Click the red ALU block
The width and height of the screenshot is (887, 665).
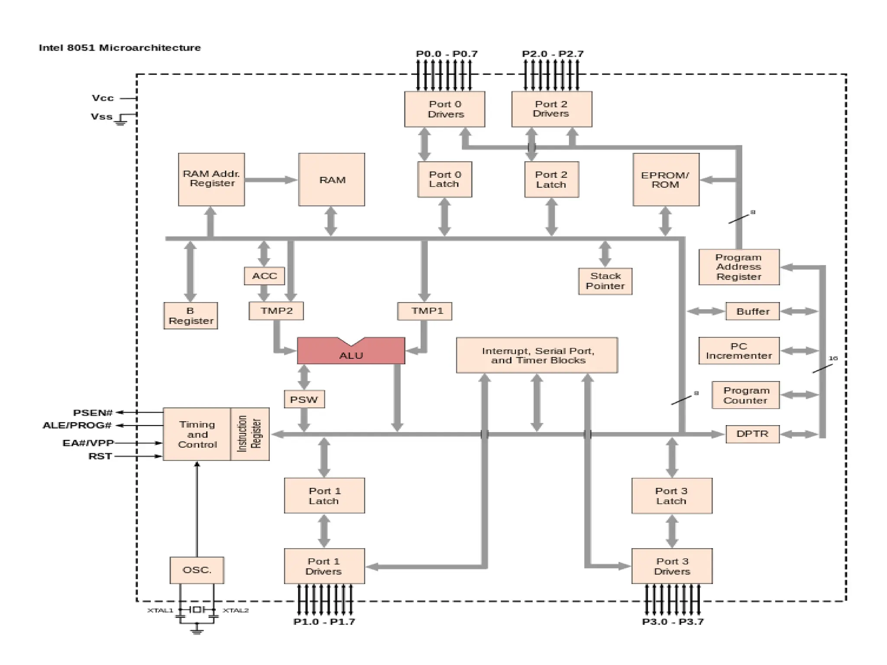pyautogui.click(x=351, y=353)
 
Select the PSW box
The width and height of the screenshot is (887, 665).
pyautogui.click(x=304, y=399)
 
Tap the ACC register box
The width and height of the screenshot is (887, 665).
pyautogui.click(x=264, y=276)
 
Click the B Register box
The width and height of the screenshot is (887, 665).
pyautogui.click(x=191, y=316)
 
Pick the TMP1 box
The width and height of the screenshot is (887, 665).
pyautogui.click(x=424, y=311)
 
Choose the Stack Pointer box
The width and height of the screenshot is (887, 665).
pyautogui.click(x=605, y=281)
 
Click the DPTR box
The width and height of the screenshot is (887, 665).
pyautogui.click(x=752, y=434)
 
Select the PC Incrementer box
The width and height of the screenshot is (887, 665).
pyautogui.click(x=739, y=351)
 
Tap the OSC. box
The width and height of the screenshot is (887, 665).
pyautogui.click(x=197, y=570)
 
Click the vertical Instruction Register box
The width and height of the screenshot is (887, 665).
pyautogui.click(x=250, y=434)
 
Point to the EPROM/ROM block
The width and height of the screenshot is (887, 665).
pyautogui.click(x=666, y=180)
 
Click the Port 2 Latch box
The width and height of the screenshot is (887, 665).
pyautogui.click(x=551, y=180)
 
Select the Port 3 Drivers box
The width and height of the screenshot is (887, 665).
pyautogui.click(x=672, y=566)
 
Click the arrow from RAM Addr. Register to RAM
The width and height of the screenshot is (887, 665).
pyautogui.click(x=271, y=180)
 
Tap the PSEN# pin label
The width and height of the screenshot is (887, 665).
pyautogui.click(x=93, y=413)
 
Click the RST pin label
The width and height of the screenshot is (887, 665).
pyautogui.click(x=100, y=456)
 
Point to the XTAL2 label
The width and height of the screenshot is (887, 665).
pyautogui.click(x=236, y=610)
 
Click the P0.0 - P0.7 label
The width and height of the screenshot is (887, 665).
pyautogui.click(x=447, y=54)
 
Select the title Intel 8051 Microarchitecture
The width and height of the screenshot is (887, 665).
pyautogui.click(x=120, y=48)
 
